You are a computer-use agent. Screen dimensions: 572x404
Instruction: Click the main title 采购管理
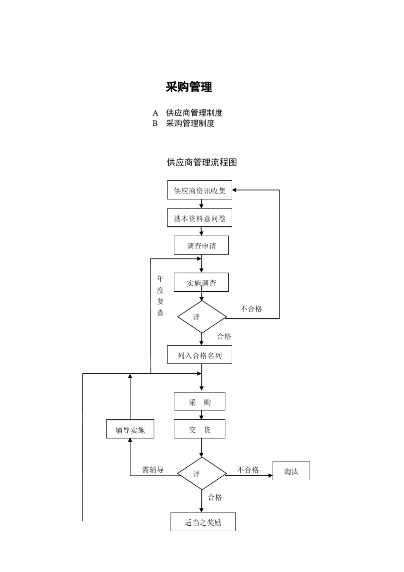tap(189, 87)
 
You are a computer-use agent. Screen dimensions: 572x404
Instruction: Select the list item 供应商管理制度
tap(194, 113)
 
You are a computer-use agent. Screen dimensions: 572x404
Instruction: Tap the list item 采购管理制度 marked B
tap(190, 123)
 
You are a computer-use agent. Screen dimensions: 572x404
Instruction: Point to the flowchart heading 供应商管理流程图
tap(202, 162)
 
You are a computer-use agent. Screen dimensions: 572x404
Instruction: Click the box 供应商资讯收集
tap(199, 190)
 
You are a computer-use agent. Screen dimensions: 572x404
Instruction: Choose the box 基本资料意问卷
tap(199, 218)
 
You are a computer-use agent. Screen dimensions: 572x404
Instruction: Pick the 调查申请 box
tap(201, 245)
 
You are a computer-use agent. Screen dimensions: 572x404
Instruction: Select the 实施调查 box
tap(201, 282)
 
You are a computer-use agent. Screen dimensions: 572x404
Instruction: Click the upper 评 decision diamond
tap(202, 317)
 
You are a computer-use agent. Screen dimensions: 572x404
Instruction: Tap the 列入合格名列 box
tap(199, 355)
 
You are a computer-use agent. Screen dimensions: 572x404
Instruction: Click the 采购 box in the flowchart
tap(199, 401)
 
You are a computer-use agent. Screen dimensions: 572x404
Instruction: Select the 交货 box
tap(199, 429)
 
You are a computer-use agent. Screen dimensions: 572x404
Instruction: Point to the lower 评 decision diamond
tap(202, 473)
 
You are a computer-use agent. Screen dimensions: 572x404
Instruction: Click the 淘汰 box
tap(291, 471)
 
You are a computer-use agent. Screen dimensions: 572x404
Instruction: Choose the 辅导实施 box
tap(130, 430)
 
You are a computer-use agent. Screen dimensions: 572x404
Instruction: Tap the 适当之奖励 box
tap(203, 522)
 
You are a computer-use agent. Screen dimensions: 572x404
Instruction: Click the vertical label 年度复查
tap(160, 296)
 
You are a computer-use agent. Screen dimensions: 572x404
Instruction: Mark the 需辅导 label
tap(153, 470)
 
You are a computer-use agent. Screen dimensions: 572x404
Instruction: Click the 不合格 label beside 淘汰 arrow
tap(248, 470)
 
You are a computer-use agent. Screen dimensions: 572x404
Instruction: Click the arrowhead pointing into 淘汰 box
tap(270, 475)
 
